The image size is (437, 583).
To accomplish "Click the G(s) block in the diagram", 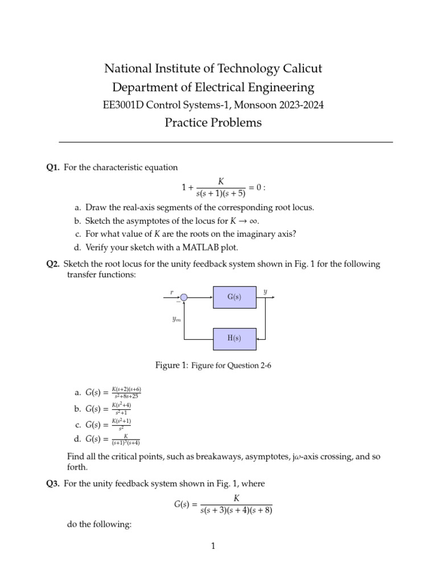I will [234, 297].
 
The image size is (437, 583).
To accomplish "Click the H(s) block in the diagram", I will [234, 338].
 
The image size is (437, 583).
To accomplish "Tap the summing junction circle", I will [184, 297].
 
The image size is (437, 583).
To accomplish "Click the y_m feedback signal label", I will [176, 319].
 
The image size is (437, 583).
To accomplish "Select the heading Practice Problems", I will [213, 122].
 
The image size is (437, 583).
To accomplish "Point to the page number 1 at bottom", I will [213, 547].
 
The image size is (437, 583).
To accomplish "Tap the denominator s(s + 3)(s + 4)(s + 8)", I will [236, 511].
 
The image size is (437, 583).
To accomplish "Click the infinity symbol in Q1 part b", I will [254, 221].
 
